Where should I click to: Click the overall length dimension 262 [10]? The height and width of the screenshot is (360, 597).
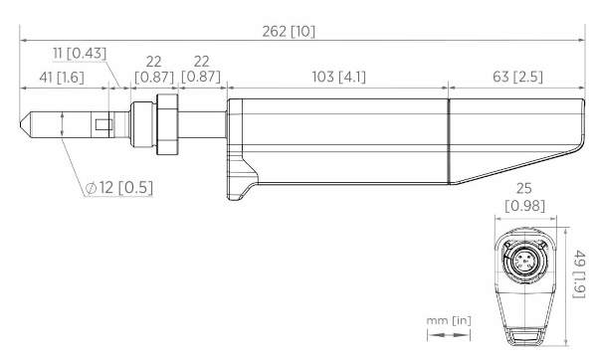click(289, 32)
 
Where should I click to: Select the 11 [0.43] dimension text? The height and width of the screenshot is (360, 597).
click(80, 54)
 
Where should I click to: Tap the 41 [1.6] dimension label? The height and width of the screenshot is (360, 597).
click(62, 78)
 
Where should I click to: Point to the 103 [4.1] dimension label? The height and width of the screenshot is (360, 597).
click(339, 77)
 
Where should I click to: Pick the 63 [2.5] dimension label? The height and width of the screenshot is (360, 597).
click(517, 77)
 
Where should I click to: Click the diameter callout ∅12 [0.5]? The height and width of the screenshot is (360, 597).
click(119, 188)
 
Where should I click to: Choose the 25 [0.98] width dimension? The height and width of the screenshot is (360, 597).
click(524, 197)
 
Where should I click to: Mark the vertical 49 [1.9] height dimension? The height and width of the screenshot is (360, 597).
click(579, 274)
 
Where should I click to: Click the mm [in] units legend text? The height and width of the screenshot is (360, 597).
click(449, 321)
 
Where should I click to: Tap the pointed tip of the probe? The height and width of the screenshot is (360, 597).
click(21, 124)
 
